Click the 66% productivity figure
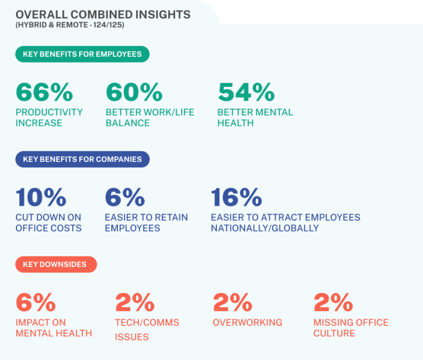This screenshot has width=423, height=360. pyautogui.click(x=44, y=92)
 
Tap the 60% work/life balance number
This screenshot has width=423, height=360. pyautogui.click(x=134, y=92)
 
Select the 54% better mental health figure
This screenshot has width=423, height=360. pyautogui.click(x=246, y=92)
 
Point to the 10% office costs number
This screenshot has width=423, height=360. pyautogui.click(x=41, y=197)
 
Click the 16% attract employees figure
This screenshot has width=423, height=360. pyautogui.click(x=236, y=197)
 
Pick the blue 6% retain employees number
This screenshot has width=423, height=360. pyautogui.click(x=125, y=197)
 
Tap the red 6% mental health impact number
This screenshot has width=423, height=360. pyautogui.click(x=36, y=302)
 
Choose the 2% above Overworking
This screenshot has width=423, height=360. pyautogui.click(x=232, y=302)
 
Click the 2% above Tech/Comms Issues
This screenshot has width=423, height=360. pyautogui.click(x=135, y=302)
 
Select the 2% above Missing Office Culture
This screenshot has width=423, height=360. pyautogui.click(x=333, y=302)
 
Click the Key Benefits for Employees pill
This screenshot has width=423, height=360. pyautogui.click(x=82, y=54)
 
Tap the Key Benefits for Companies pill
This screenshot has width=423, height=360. pyautogui.click(x=82, y=160)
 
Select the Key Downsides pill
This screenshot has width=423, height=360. pyautogui.click(x=56, y=264)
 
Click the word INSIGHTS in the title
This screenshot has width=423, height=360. pyautogui.click(x=163, y=14)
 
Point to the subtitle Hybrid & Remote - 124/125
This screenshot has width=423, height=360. pyautogui.click(x=70, y=25)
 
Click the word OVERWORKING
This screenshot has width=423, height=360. pyautogui.click(x=247, y=323)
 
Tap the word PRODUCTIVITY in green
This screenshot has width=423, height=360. pyautogui.click(x=49, y=112)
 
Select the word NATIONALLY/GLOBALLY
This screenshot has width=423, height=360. pyautogui.click(x=264, y=228)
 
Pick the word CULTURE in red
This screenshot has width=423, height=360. pyautogui.click(x=334, y=334)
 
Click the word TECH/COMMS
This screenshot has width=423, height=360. pyautogui.click(x=147, y=323)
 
